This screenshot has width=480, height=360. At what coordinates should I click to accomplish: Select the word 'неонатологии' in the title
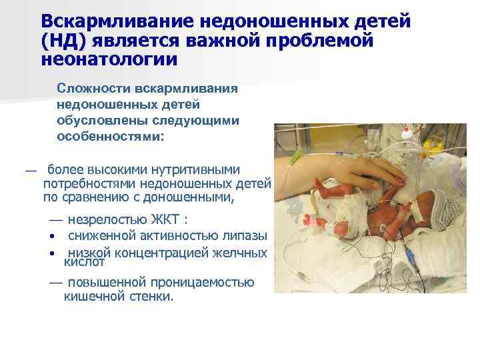pos(109,60)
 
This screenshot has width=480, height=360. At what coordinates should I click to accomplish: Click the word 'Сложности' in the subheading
pos(93,89)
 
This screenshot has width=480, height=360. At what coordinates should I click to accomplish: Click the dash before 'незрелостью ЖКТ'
pos(55,220)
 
